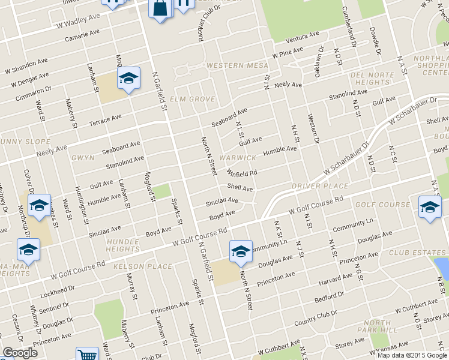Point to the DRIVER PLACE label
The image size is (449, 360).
click(320, 186)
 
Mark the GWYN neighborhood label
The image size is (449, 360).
click(83, 158)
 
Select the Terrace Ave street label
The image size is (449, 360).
click(105, 120)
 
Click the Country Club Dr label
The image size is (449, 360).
click(316, 319)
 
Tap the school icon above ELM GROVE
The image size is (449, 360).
click(128, 78)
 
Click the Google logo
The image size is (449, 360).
click(20, 353)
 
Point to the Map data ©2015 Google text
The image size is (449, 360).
click(412, 355)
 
